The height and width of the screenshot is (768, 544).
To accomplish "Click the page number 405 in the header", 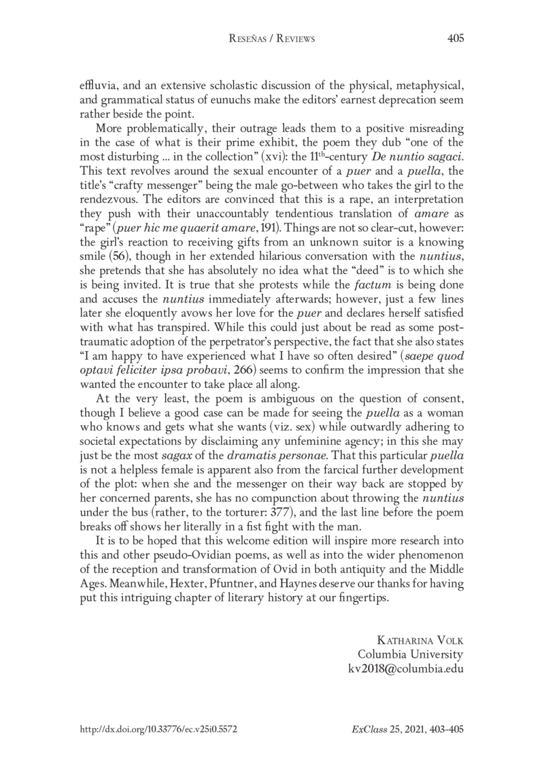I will pos(455,39).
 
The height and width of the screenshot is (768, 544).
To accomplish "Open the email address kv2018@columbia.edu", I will pos(406,669).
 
